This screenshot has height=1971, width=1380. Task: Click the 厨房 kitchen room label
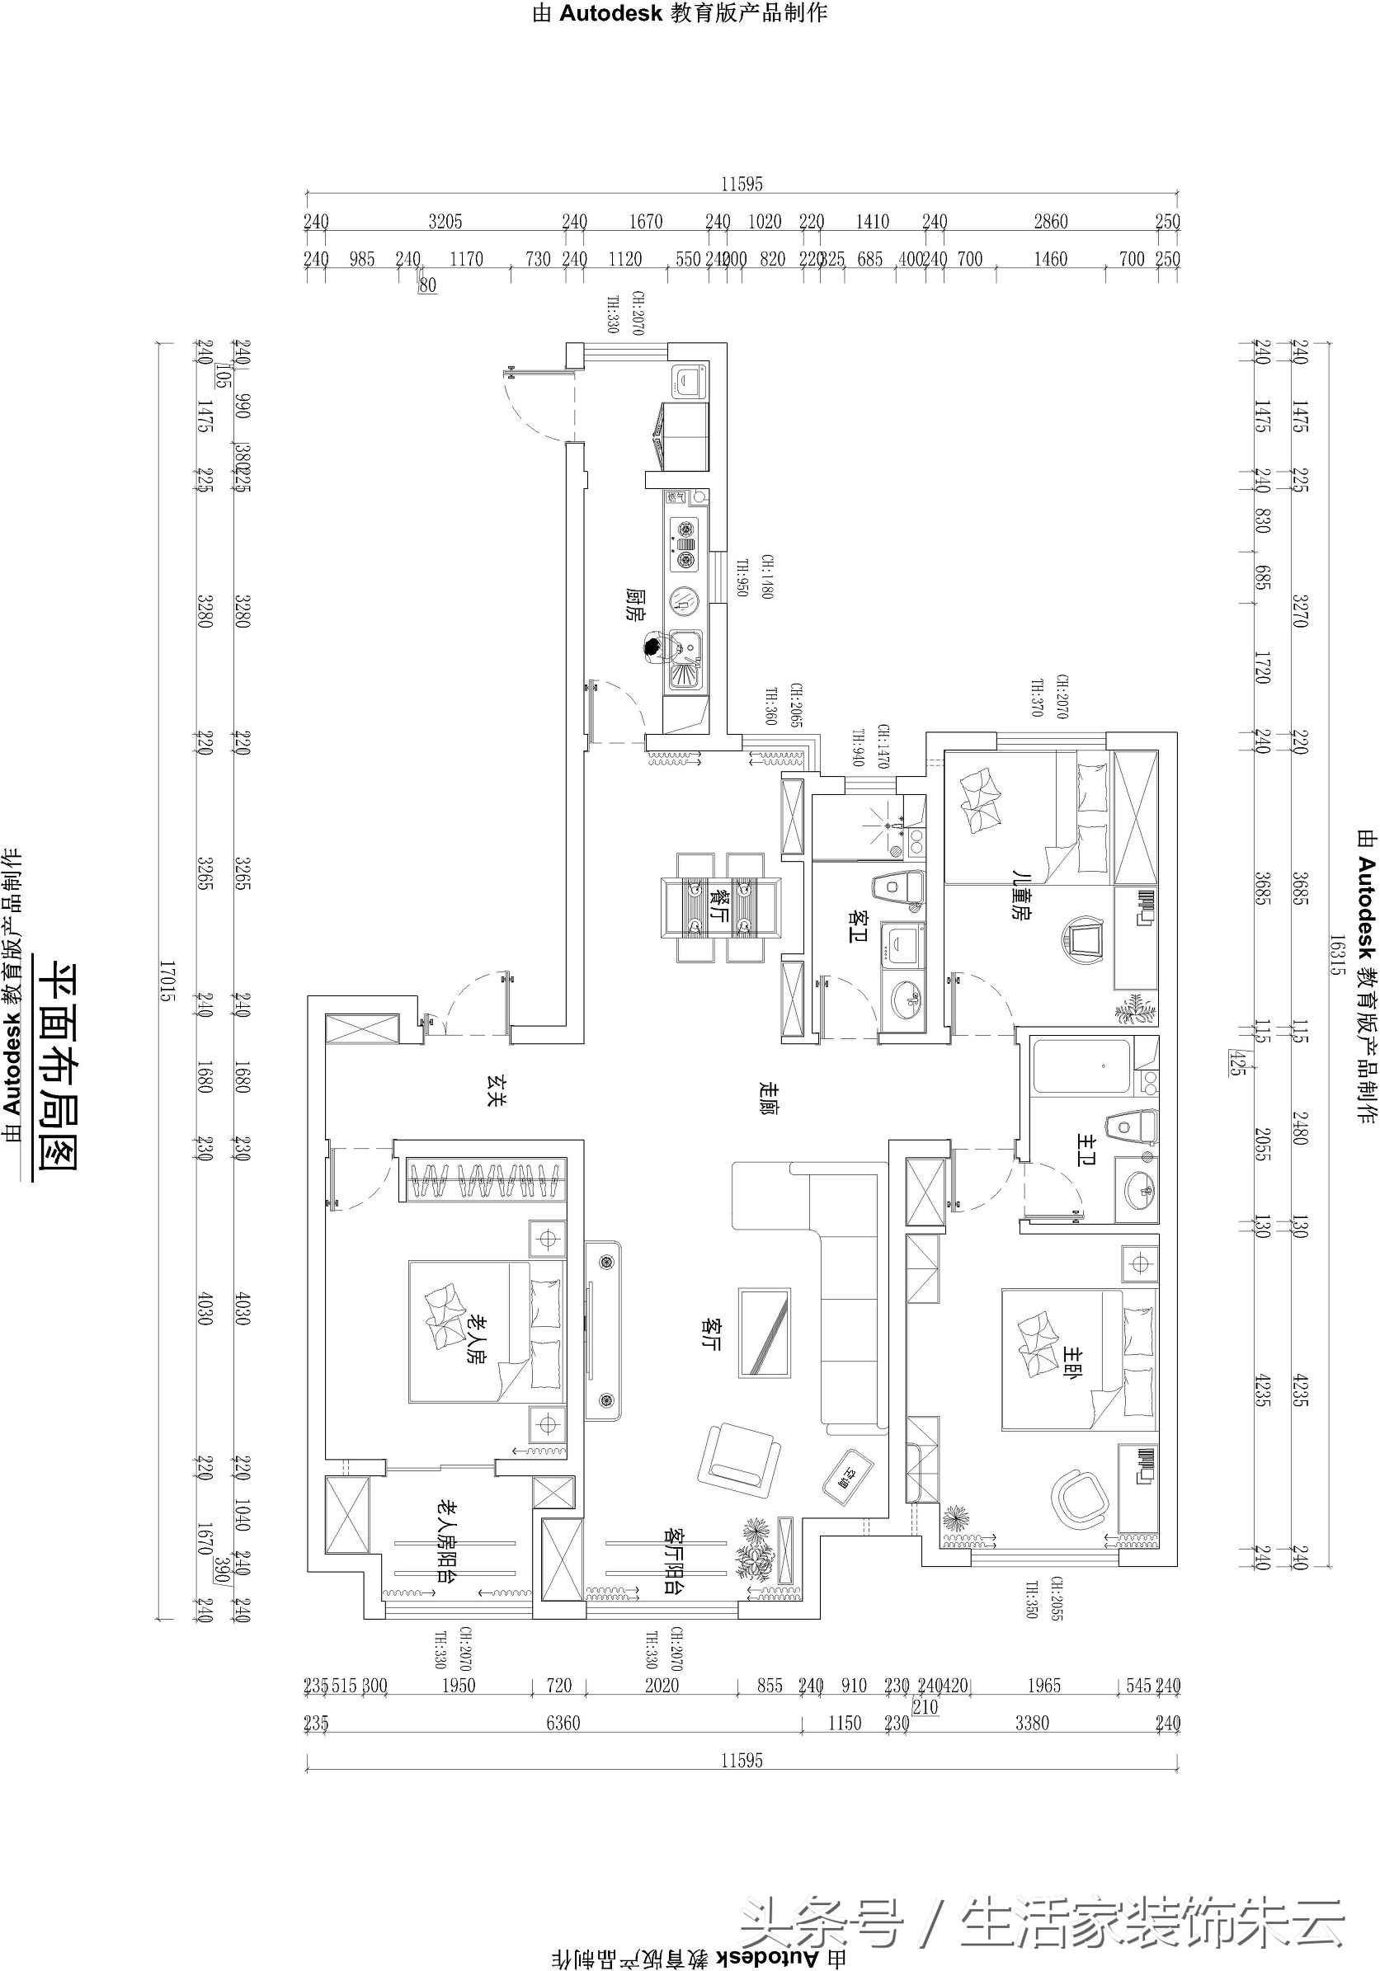click(x=634, y=604)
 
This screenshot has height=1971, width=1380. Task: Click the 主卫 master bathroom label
click(x=1086, y=1149)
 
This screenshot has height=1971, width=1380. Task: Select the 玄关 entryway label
click(x=497, y=1089)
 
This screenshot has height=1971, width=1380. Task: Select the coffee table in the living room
click(x=765, y=1333)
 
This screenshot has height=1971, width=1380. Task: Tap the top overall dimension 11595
click(x=742, y=184)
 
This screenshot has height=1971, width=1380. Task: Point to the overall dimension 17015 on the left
click(x=167, y=981)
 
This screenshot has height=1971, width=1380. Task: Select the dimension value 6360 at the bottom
click(x=563, y=1723)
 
